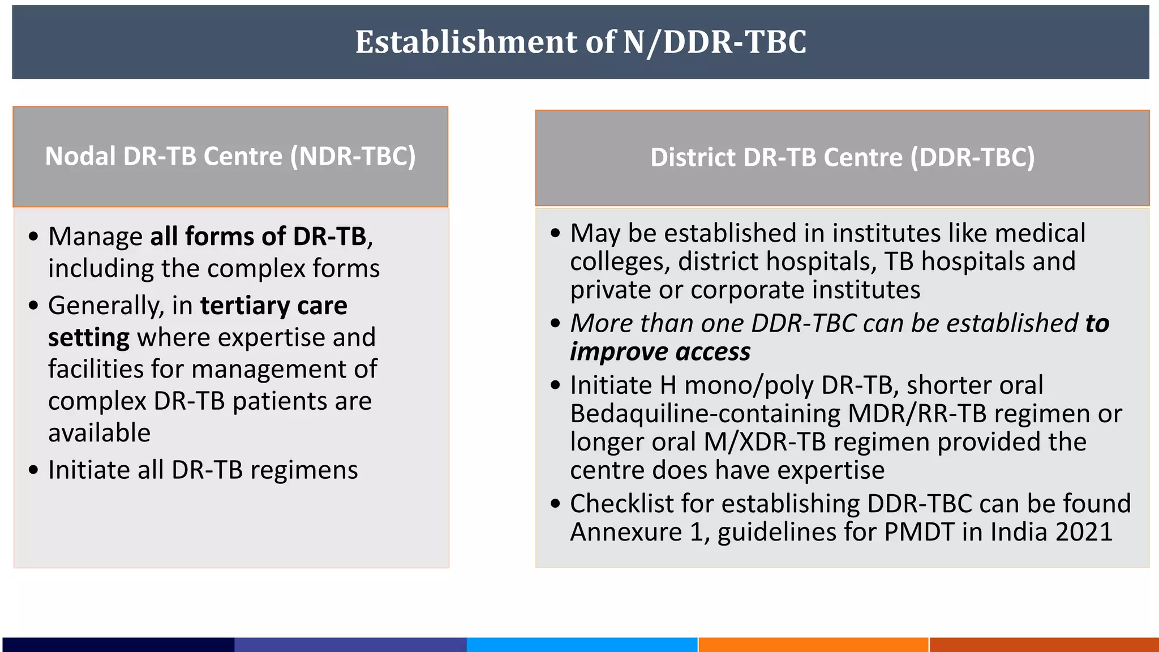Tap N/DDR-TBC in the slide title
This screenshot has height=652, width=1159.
[x=714, y=42]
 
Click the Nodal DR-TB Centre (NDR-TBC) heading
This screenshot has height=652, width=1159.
[x=230, y=156]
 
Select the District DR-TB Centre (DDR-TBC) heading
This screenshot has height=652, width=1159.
[x=842, y=157]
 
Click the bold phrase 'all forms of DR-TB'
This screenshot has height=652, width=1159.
[x=258, y=237]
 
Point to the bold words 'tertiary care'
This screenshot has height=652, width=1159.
[x=273, y=306]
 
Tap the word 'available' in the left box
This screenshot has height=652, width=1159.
[x=99, y=433]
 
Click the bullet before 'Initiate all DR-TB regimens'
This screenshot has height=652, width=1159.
[x=33, y=470]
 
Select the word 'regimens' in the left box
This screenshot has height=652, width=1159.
[x=304, y=470]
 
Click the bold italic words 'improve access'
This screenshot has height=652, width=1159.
[x=660, y=352]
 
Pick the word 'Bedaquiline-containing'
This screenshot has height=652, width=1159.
[x=705, y=414]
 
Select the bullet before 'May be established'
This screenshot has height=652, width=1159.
[x=555, y=233]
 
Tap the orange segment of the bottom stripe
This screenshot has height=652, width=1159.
[x=813, y=645]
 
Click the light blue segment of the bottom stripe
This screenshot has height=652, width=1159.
[x=582, y=645]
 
